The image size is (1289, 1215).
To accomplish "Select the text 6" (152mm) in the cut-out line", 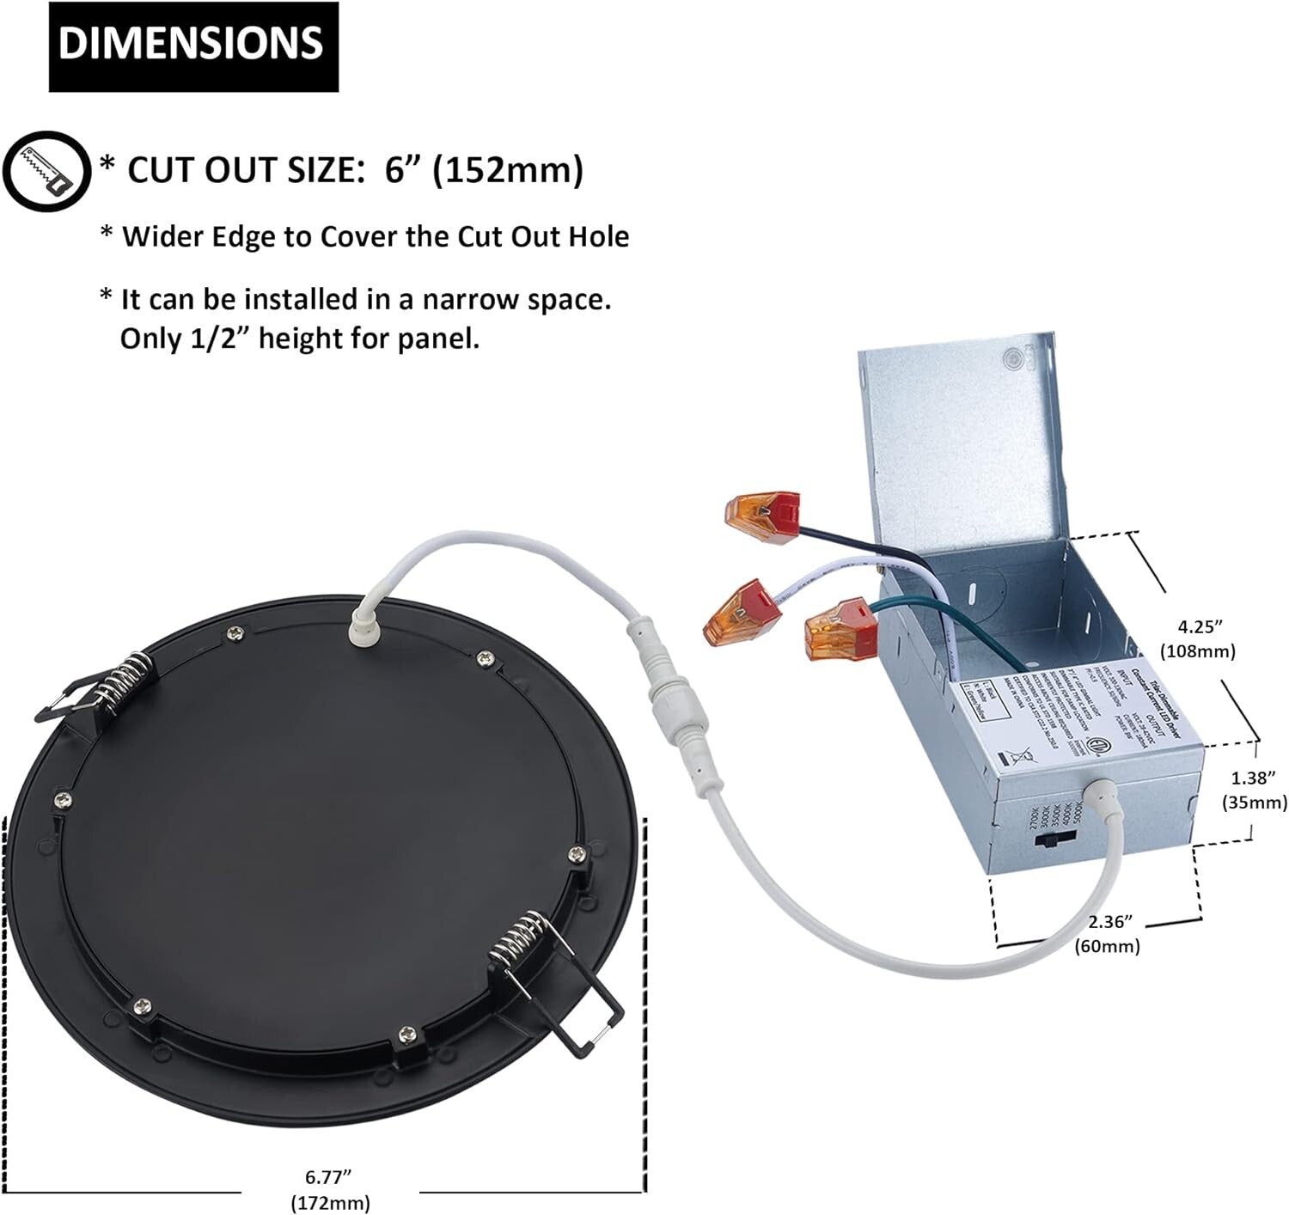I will [484, 170].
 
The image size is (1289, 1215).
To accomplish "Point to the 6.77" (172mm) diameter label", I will [330, 1189].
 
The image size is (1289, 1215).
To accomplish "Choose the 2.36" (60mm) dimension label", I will [1107, 934].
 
